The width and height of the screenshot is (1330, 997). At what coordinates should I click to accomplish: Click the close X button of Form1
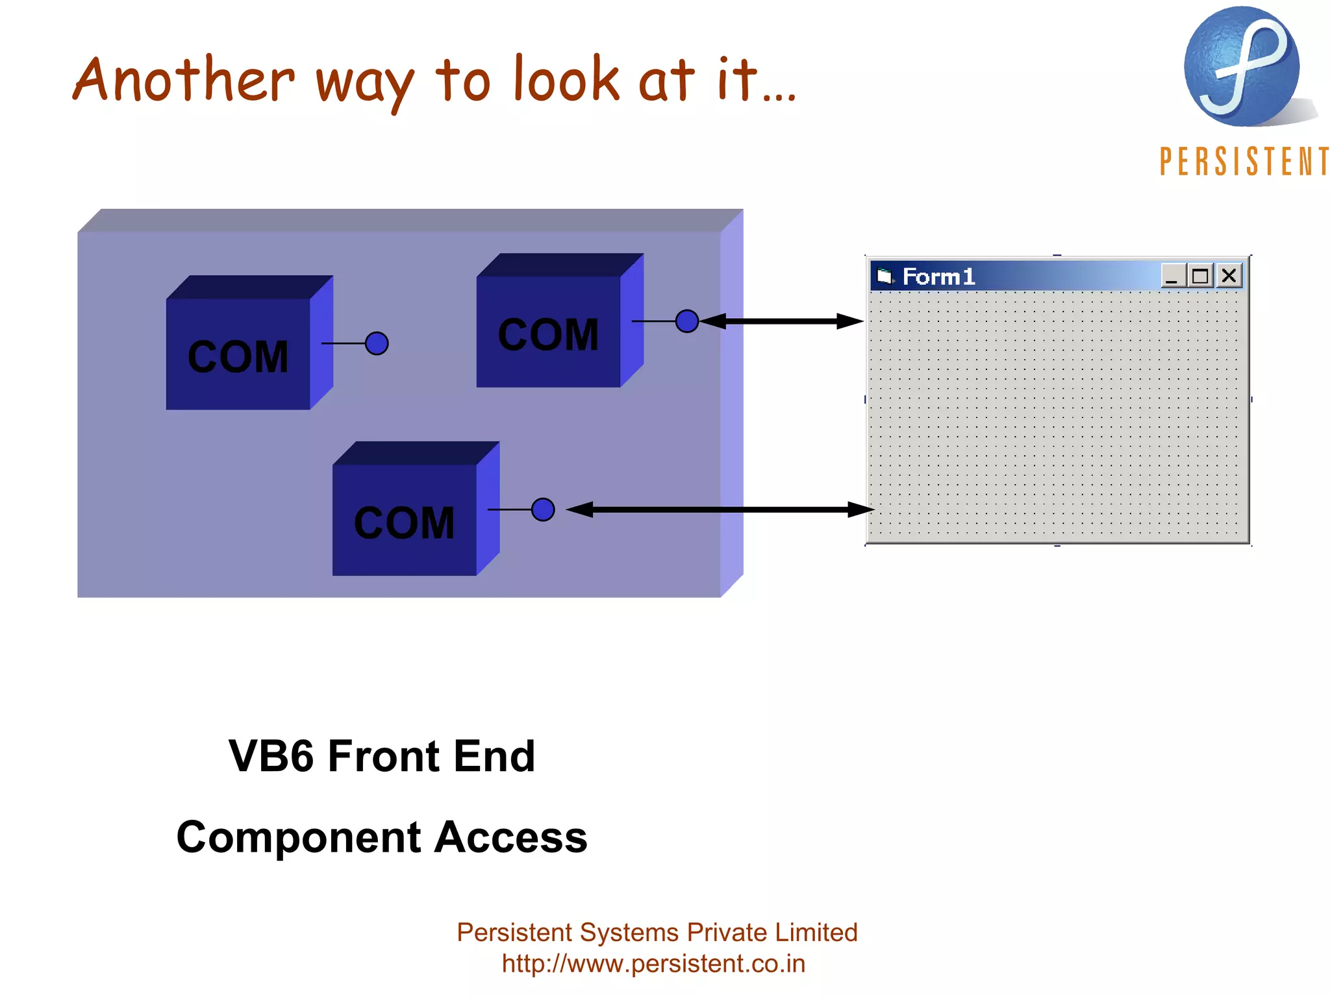pyautogui.click(x=1229, y=276)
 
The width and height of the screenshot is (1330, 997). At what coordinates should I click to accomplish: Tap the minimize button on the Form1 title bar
pyautogui.click(x=1172, y=276)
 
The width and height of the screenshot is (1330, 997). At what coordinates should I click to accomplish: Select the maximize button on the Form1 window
pyautogui.click(x=1200, y=276)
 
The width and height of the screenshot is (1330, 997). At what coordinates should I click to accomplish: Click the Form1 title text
pyautogui.click(x=938, y=277)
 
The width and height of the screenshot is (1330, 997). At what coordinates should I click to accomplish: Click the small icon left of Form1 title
pyautogui.click(x=885, y=277)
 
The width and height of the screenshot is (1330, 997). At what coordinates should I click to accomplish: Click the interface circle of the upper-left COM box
pyautogui.click(x=377, y=343)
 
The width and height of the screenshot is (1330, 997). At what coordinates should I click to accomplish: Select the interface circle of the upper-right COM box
pyautogui.click(x=687, y=321)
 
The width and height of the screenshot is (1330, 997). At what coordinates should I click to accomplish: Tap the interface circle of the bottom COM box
pyautogui.click(x=543, y=510)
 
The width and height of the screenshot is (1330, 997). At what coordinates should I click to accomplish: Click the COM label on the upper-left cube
pyautogui.click(x=238, y=357)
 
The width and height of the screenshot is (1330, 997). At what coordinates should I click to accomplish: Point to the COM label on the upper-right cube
pyautogui.click(x=548, y=335)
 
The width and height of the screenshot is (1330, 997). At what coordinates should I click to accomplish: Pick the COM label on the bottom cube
pyautogui.click(x=404, y=523)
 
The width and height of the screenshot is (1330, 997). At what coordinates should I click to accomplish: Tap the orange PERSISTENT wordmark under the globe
pyautogui.click(x=1244, y=162)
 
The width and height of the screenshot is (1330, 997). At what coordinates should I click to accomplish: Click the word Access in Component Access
pyautogui.click(x=510, y=837)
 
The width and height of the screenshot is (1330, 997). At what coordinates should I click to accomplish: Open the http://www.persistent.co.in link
pyautogui.click(x=653, y=964)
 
